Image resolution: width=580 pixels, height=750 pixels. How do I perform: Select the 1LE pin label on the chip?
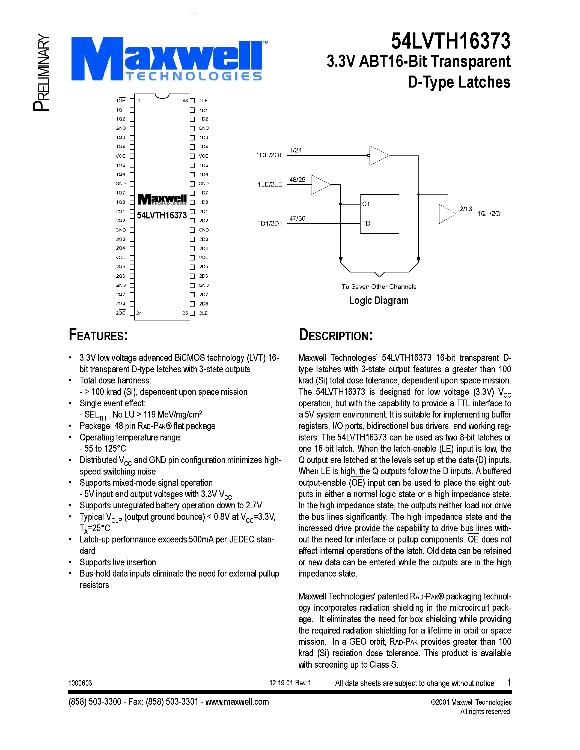203,101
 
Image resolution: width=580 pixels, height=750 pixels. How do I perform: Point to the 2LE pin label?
203,313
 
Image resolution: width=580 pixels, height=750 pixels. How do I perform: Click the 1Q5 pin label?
121,165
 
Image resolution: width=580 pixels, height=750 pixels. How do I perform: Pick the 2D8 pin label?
203,304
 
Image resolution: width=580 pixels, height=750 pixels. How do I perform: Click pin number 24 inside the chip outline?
139,313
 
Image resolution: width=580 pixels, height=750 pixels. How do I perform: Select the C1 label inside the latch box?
366,204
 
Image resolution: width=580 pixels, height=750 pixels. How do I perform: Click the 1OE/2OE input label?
270,155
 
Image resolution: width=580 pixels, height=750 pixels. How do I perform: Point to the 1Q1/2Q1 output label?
490,214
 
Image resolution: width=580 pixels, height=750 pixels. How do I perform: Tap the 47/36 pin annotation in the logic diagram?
297,218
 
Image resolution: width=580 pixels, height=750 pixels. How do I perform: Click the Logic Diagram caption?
379,301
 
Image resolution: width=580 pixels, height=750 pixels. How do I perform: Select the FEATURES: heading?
98,335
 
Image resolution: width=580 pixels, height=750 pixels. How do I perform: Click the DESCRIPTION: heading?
335,335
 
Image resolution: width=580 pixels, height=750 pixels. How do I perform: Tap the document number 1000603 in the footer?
80,683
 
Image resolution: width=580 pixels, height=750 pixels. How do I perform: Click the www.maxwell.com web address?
237,701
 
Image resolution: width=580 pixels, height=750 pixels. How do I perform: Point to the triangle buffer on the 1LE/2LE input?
320,185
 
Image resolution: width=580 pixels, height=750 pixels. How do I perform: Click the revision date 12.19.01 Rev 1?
290,683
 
